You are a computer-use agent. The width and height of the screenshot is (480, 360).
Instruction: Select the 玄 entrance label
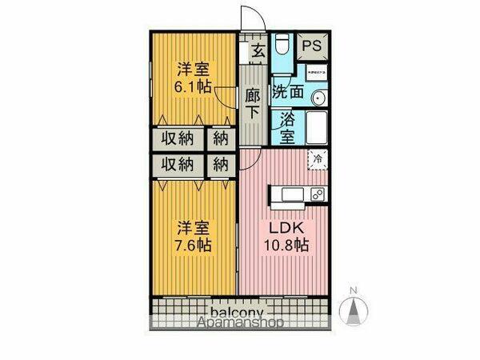(x=257, y=52)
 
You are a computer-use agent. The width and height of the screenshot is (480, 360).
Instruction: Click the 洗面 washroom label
(x=287, y=91)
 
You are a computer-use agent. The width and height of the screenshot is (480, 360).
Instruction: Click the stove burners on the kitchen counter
(x=317, y=194)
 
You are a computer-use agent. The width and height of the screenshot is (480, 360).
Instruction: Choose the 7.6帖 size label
(x=193, y=245)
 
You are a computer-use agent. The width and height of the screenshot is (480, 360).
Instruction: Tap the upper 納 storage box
(x=221, y=138)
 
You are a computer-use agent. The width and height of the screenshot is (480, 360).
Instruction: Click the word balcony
(x=238, y=311)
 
